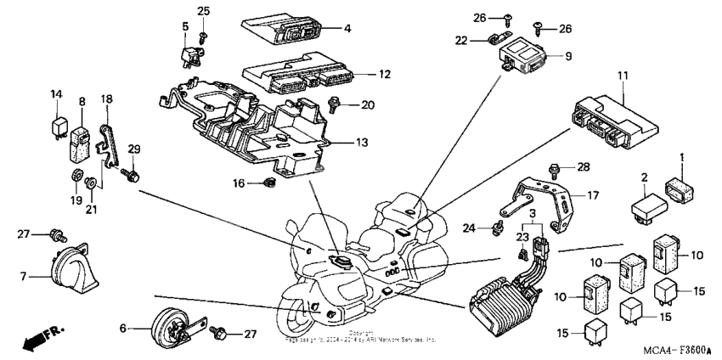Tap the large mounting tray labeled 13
[255, 127]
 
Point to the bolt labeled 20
[336, 106]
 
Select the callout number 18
[107, 99]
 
